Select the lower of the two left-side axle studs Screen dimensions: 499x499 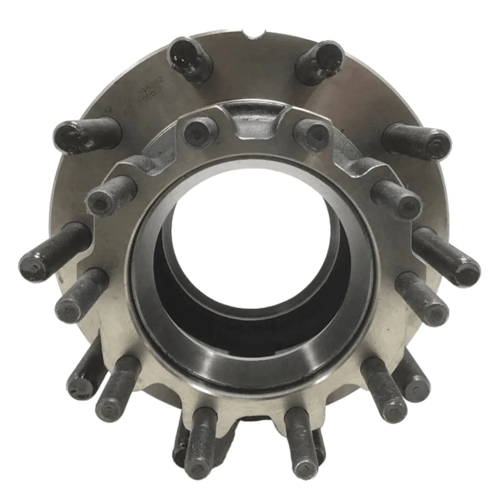tap(80, 296)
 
